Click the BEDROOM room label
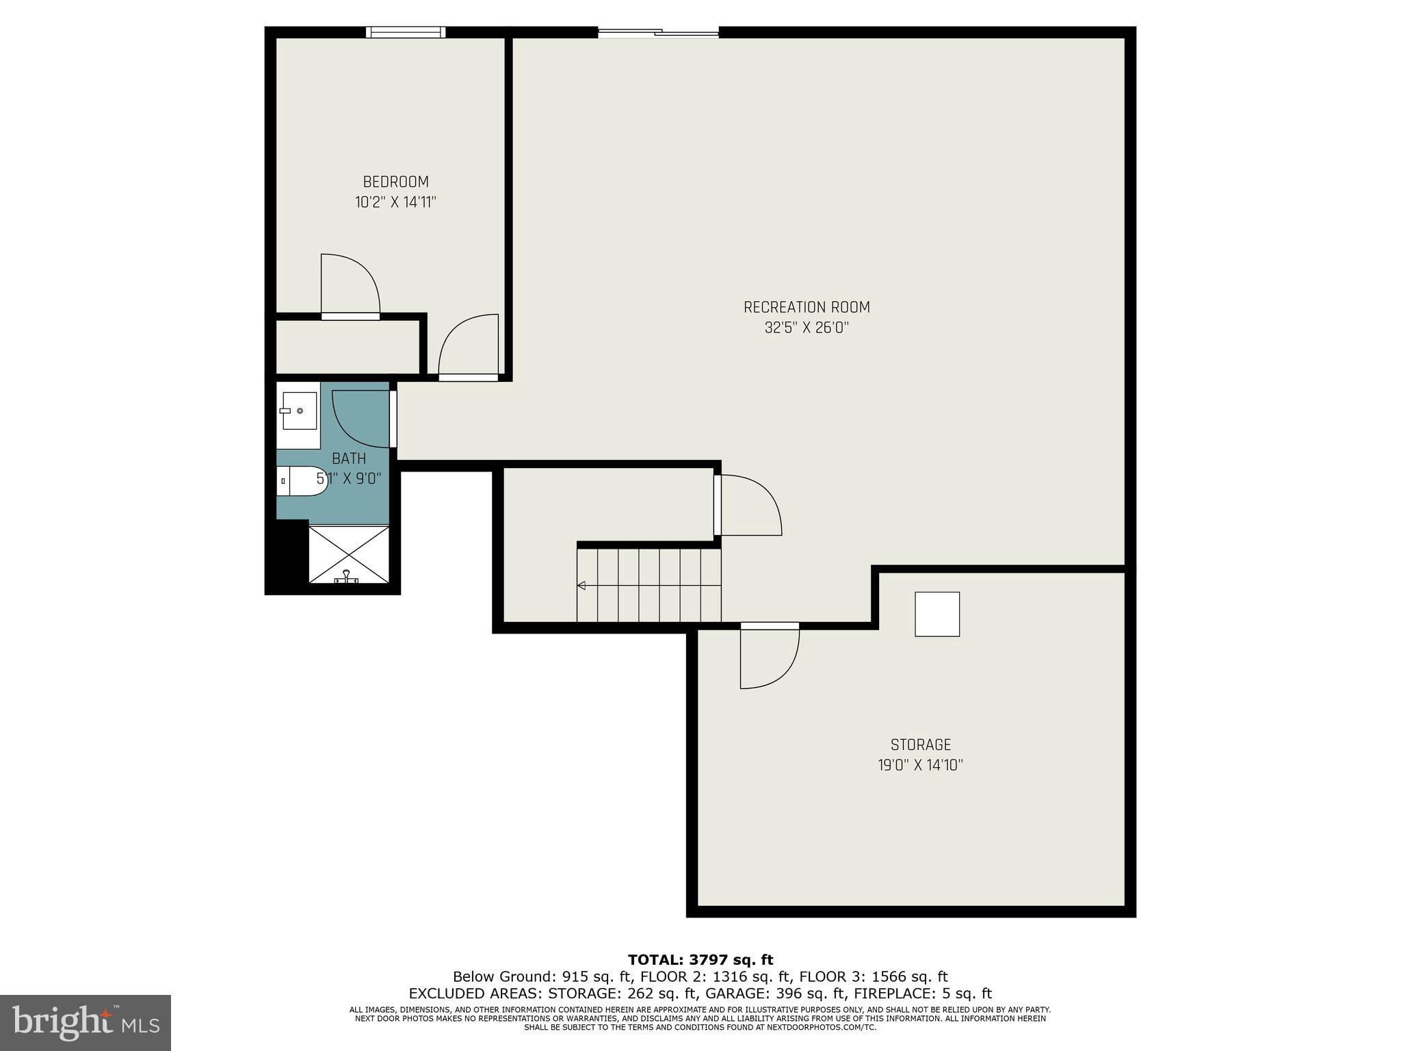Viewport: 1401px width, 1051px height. (395, 182)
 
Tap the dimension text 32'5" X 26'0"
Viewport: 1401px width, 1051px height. (807, 328)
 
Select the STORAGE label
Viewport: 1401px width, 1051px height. (920, 744)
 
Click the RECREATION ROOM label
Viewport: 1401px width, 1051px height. (807, 307)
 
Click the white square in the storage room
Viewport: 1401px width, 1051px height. (937, 614)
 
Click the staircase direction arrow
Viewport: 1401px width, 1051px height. (581, 585)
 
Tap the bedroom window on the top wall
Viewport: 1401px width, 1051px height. (405, 31)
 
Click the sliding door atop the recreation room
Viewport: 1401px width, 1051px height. (658, 31)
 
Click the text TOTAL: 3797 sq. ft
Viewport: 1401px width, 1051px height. (700, 960)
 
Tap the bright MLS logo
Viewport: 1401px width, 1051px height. (86, 1023)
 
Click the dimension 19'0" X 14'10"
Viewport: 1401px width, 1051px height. (920, 765)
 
